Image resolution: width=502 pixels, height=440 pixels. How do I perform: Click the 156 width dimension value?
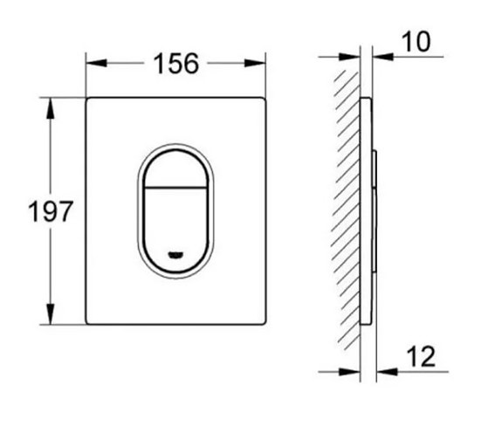(x=175, y=63)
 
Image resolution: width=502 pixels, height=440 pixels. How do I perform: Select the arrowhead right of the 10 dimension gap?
(x=380, y=57)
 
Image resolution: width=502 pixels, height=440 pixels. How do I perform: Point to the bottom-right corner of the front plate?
(x=265, y=324)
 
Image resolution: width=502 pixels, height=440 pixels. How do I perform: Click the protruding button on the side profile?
(x=375, y=210)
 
